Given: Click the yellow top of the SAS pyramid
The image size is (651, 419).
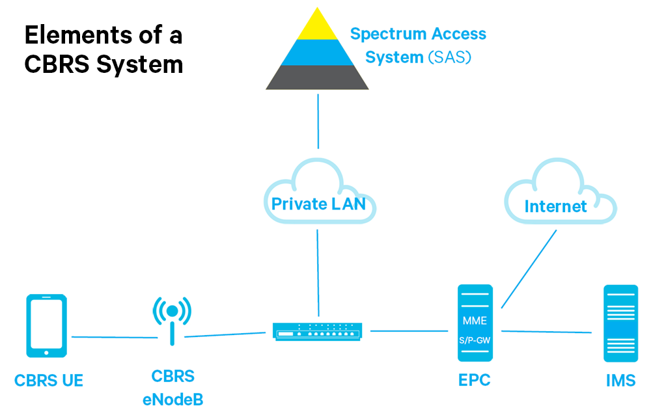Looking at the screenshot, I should click(318, 27).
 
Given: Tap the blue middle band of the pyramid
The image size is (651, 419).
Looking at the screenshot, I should click(318, 53).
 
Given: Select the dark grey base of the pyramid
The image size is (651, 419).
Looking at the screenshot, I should click(318, 77).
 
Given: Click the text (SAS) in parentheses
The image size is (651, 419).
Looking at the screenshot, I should click(449, 57).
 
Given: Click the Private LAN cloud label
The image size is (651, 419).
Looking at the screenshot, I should click(318, 204).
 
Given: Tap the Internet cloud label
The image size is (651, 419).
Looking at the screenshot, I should click(555, 207).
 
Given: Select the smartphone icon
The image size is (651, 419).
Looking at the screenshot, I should click(46, 326).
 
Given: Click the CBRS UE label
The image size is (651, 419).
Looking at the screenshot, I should click(49, 381).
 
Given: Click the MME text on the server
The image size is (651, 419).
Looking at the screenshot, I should click(475, 321).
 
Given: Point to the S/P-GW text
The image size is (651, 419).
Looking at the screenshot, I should click(475, 340).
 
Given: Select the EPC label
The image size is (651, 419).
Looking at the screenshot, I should click(475, 381).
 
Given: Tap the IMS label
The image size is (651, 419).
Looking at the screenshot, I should click(620, 381).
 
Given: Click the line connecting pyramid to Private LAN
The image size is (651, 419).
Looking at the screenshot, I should click(318, 121).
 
